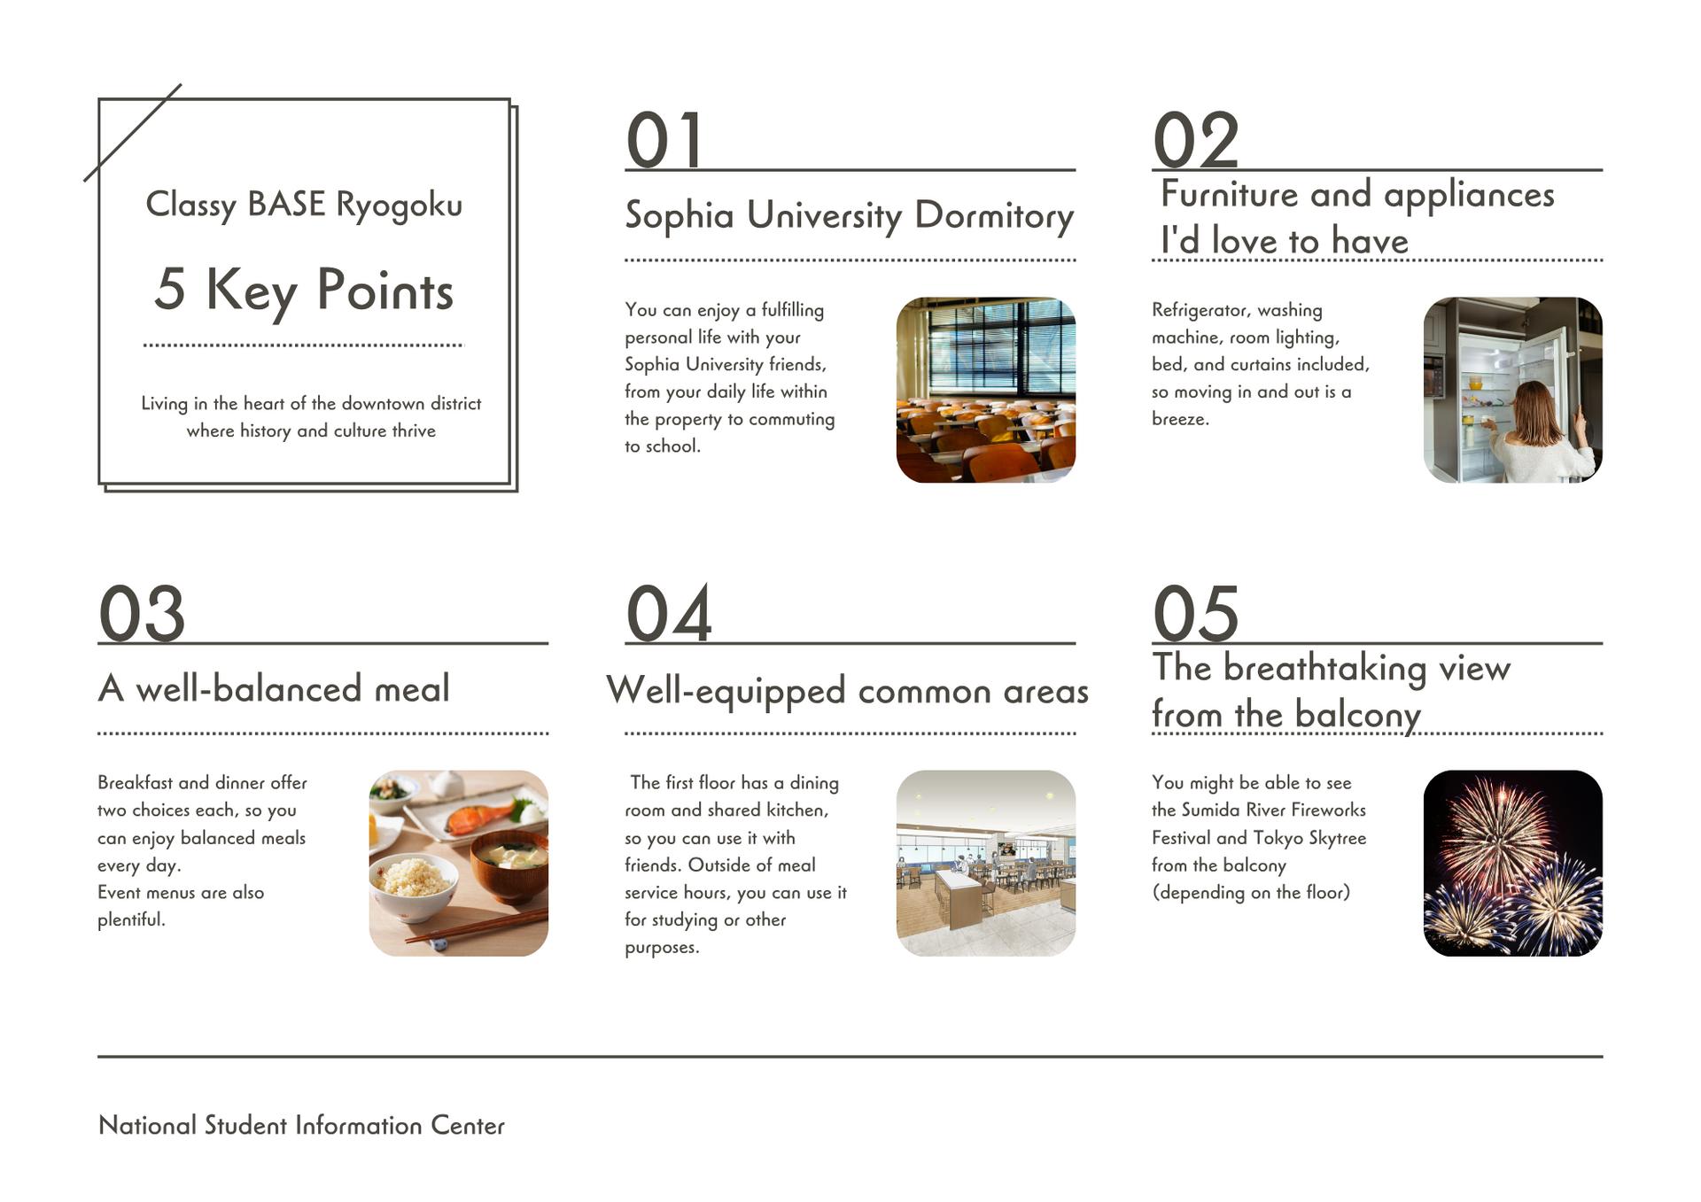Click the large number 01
pyautogui.click(x=664, y=140)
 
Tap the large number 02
pyautogui.click(x=1195, y=140)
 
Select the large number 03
pyautogui.click(x=142, y=613)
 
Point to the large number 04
pyautogui.click(x=669, y=613)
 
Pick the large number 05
pyautogui.click(x=1195, y=613)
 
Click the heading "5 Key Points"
pyautogui.click(x=304, y=291)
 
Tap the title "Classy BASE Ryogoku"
pyautogui.click(x=304, y=205)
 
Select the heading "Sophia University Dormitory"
pyautogui.click(x=849, y=215)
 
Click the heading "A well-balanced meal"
pyautogui.click(x=274, y=688)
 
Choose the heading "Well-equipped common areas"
pyautogui.click(x=848, y=691)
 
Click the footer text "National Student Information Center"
pyautogui.click(x=301, y=1125)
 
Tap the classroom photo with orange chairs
pyautogui.click(x=986, y=390)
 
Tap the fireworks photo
pyautogui.click(x=1513, y=863)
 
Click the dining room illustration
pyautogui.click(x=986, y=863)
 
